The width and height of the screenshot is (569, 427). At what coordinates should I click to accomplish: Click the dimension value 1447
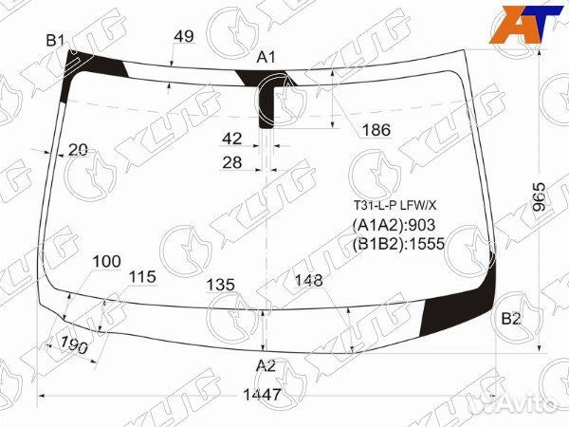pos(262,395)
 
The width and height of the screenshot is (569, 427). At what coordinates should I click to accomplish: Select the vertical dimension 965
pos(540,197)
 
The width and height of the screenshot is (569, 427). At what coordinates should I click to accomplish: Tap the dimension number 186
pos(376,130)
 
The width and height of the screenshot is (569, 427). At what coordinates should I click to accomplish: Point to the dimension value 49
pos(184,36)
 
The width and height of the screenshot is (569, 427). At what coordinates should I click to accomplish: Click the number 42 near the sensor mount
pos(232,139)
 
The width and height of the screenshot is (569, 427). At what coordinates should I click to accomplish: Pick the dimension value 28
pos(232,162)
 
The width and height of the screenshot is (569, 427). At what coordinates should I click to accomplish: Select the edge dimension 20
pos(78,149)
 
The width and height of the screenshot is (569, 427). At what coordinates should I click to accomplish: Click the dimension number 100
pos(106,261)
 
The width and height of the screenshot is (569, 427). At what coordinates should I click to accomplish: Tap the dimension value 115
pos(142,277)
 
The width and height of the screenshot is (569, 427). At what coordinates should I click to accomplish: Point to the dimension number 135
pos(221,285)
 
